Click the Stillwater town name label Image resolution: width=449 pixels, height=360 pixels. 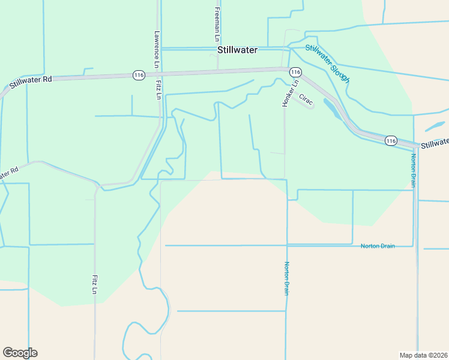tap(237, 50)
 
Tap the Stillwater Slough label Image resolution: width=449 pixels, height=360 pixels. tap(327, 63)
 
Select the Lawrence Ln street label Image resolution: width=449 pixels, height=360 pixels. tap(156, 49)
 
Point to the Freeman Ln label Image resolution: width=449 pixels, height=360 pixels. tap(217, 21)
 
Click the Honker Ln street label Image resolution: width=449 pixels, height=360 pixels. tap(286, 94)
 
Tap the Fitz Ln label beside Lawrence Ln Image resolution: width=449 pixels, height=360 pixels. tap(159, 88)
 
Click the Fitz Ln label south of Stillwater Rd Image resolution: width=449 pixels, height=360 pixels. tap(95, 284)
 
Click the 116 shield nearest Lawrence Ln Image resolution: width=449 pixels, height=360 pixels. tap(139, 75)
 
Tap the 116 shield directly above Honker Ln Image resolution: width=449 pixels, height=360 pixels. tap(295, 71)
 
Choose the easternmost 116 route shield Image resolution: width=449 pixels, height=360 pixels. tap(391, 140)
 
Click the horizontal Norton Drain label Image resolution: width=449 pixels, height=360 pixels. tap(378, 246)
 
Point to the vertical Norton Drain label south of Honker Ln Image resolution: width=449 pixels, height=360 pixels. tap(287, 278)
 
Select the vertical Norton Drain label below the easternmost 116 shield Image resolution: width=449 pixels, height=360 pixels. tap(413, 170)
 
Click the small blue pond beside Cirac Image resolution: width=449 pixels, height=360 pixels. tap(331, 108)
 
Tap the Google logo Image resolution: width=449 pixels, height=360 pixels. tap(20, 353)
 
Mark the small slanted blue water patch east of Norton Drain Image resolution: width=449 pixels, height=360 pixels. tap(435, 127)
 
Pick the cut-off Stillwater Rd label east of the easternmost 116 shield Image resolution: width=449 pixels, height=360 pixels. tap(434, 143)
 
